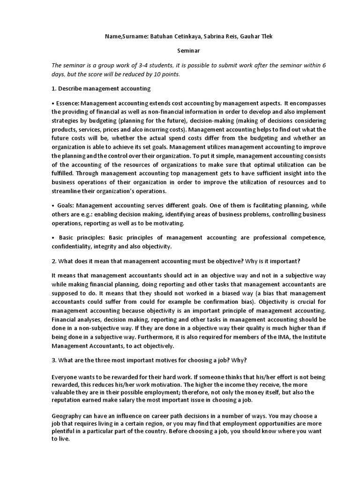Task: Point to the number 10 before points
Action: click(x=153, y=74)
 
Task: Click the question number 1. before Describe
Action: click(x=54, y=89)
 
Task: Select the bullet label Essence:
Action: click(x=69, y=103)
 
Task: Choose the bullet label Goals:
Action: click(x=66, y=206)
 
